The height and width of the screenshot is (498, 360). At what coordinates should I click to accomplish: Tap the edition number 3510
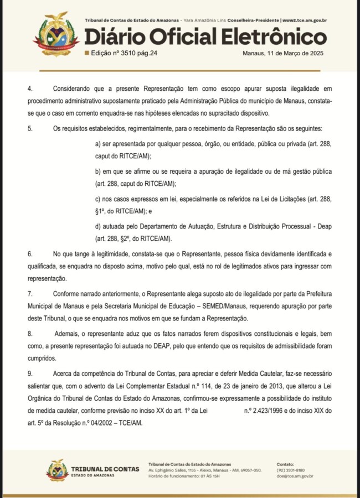[x=127, y=53]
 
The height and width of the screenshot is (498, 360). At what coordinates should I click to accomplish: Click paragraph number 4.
[x=30, y=89]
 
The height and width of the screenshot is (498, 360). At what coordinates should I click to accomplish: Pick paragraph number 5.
[x=30, y=128]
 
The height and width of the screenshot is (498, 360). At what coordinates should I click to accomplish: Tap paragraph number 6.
[x=30, y=253]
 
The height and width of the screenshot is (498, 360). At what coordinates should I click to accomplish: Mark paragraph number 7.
[x=30, y=293]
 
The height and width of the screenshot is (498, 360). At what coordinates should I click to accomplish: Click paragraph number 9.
[x=30, y=373]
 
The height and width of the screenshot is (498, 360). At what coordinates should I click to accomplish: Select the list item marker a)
[x=99, y=144]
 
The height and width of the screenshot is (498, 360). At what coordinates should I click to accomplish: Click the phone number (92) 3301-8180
[x=291, y=470]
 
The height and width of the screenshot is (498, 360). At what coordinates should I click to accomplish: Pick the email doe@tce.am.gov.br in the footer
[x=295, y=476]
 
